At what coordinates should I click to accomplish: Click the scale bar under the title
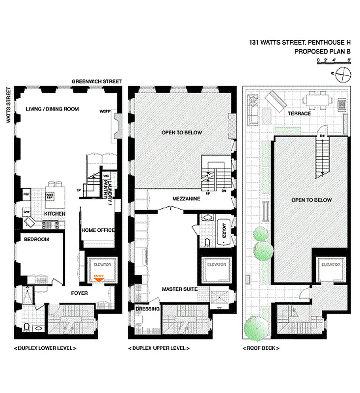333,62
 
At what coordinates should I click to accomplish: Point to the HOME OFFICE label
98,230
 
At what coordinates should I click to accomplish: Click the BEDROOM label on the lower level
36,239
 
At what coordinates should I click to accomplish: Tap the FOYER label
80,293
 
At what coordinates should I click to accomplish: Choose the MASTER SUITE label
180,289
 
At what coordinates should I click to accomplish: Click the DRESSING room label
147,309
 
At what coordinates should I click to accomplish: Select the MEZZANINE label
185,199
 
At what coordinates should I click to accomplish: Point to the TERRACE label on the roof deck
299,113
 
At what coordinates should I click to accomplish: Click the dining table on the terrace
317,101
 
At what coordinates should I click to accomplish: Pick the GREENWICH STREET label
96,81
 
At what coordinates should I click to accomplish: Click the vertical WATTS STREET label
8,106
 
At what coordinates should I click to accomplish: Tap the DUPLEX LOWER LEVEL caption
45,348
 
